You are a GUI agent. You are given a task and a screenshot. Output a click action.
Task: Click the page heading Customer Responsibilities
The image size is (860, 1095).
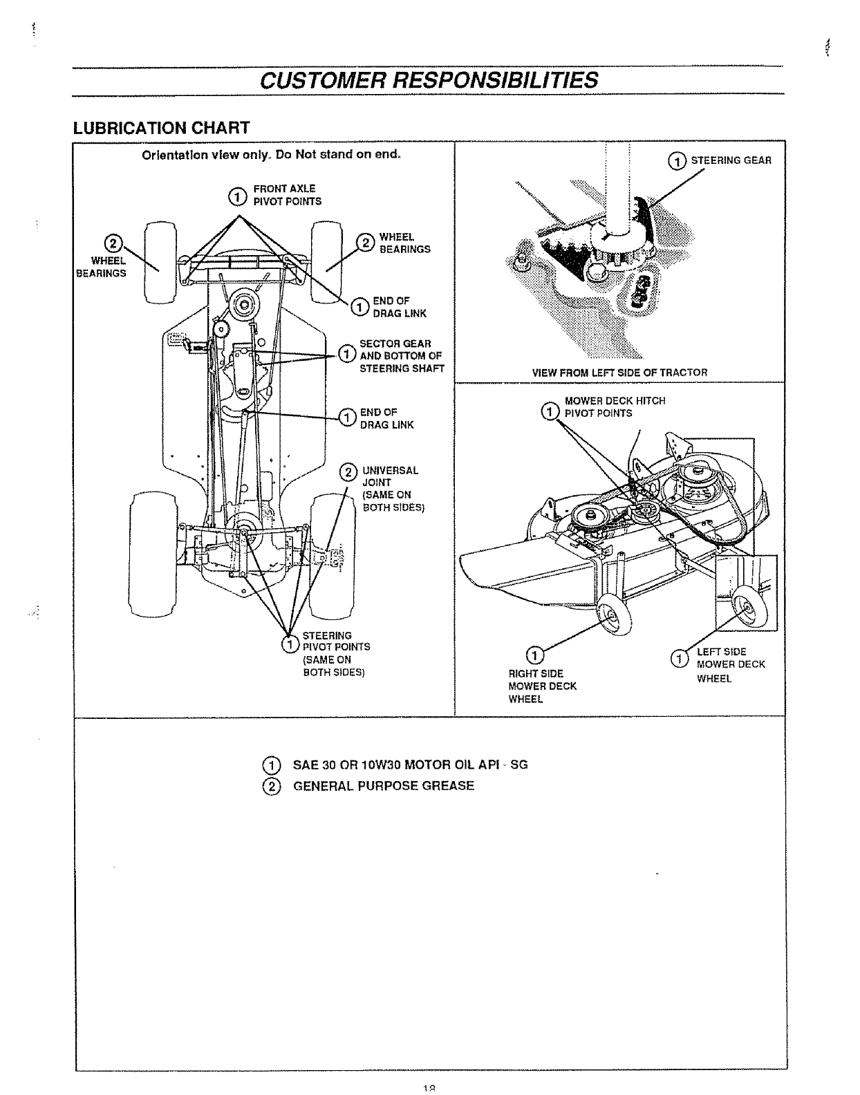429,79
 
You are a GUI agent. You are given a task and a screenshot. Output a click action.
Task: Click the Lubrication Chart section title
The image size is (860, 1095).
161,128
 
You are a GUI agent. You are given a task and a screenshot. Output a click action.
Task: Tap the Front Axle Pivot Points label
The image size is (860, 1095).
287,195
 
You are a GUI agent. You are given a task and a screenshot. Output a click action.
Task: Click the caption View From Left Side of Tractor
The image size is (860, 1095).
619,373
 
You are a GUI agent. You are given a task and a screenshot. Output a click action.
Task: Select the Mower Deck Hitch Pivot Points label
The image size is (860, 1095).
614,407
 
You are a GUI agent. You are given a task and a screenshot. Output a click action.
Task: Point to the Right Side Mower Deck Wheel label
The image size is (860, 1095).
542,686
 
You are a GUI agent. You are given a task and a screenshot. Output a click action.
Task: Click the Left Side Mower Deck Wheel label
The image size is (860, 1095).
730,664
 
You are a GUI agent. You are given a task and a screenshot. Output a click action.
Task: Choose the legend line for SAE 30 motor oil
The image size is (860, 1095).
410,765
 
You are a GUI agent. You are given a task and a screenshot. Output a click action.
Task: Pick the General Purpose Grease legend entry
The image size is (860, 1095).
384,786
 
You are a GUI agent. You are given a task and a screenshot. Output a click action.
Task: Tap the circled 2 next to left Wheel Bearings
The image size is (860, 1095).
113,243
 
